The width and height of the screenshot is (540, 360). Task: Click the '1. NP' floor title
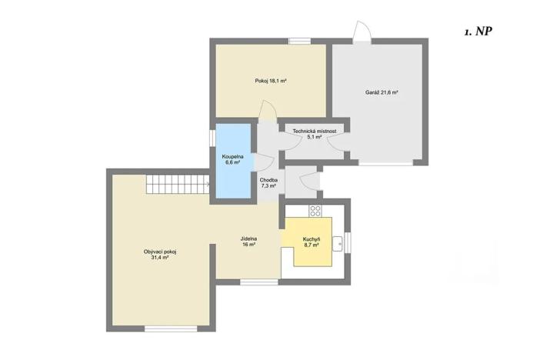tap(478, 32)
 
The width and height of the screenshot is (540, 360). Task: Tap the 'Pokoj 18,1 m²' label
tap(271, 81)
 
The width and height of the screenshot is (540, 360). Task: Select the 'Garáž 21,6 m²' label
tap(382, 92)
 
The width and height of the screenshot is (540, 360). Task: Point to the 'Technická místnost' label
tap(315, 132)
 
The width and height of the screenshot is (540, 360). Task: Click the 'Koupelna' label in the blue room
tap(233, 157)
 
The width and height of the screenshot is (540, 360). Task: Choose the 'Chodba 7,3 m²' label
tap(268, 183)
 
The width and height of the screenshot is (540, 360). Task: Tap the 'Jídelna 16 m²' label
tap(248, 242)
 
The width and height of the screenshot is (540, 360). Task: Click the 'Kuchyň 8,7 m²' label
tap(312, 242)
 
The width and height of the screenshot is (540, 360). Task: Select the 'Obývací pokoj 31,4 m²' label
tap(160, 255)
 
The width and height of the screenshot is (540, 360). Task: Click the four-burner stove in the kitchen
tap(315, 211)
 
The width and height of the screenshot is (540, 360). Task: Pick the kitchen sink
tap(338, 244)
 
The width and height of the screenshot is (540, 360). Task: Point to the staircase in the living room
tap(178, 185)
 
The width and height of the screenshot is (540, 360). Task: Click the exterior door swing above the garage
tap(362, 32)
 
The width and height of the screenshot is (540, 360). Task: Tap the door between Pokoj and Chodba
tap(268, 111)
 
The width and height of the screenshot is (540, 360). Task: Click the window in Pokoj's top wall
tap(300, 42)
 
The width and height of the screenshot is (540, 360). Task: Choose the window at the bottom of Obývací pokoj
tap(171, 328)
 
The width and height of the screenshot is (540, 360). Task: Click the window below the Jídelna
tap(259, 282)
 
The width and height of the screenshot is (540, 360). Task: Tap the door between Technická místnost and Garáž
tap(336, 142)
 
